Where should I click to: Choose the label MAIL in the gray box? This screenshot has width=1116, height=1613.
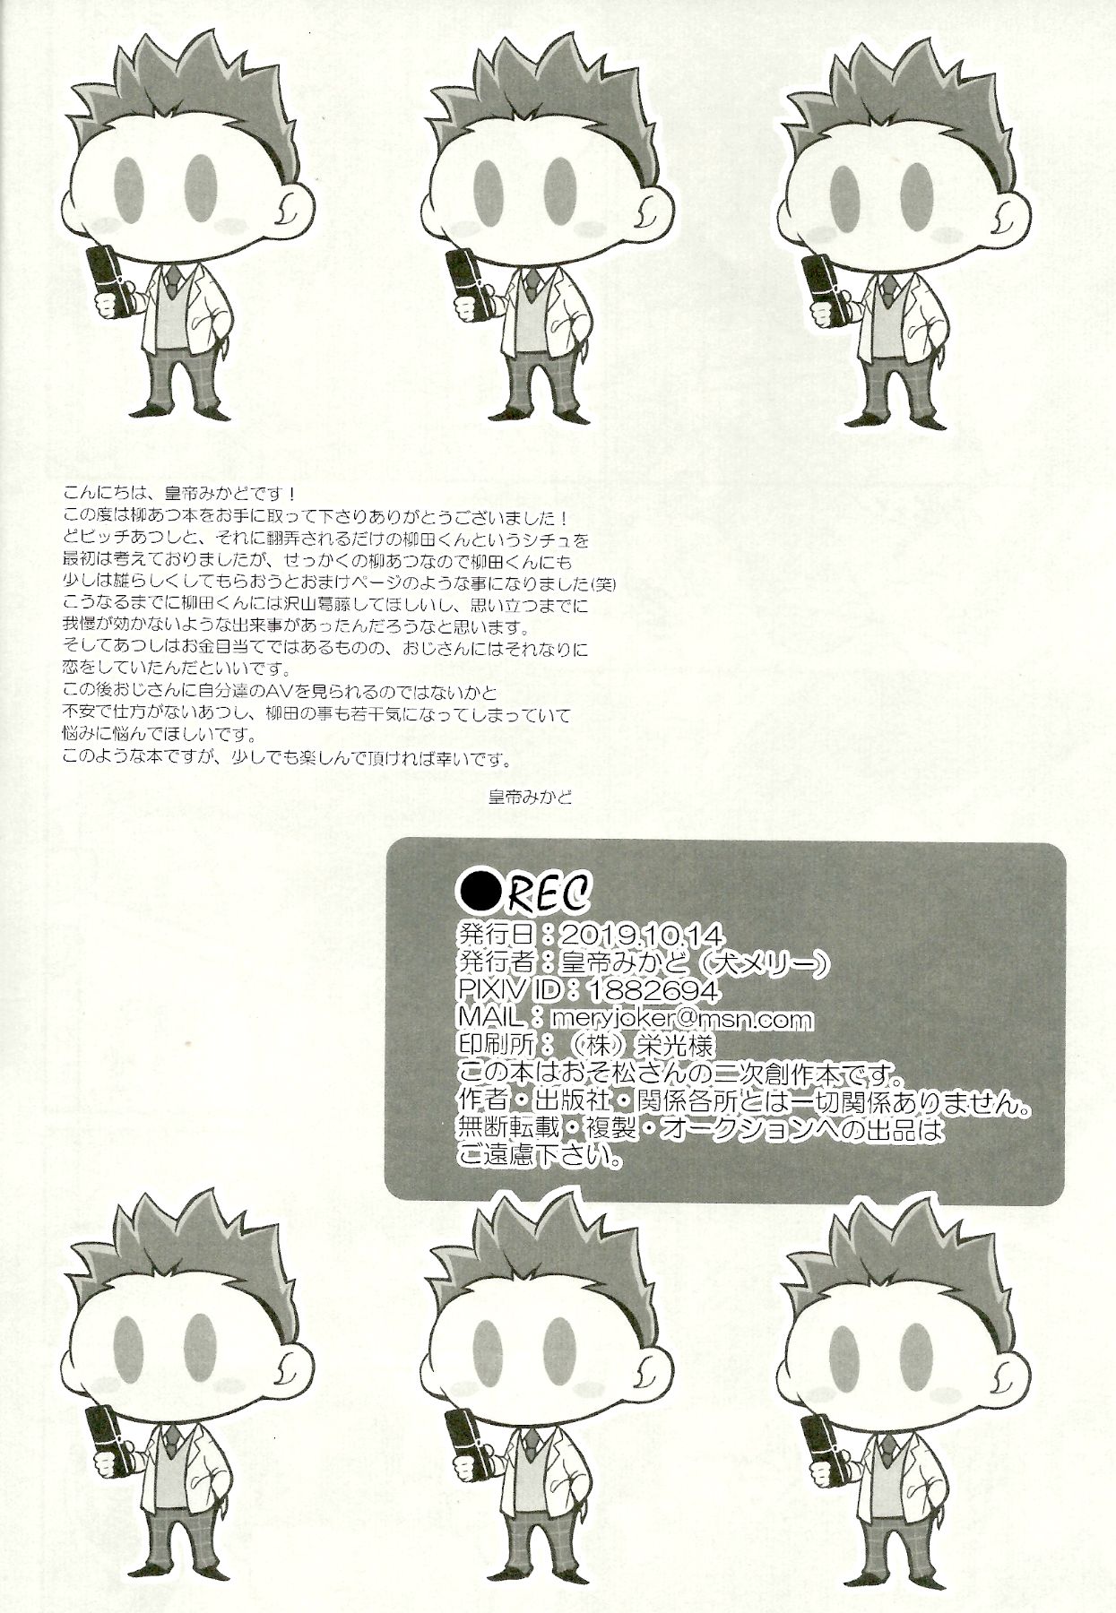[x=490, y=1018]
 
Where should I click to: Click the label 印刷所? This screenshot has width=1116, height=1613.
[x=496, y=1046]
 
